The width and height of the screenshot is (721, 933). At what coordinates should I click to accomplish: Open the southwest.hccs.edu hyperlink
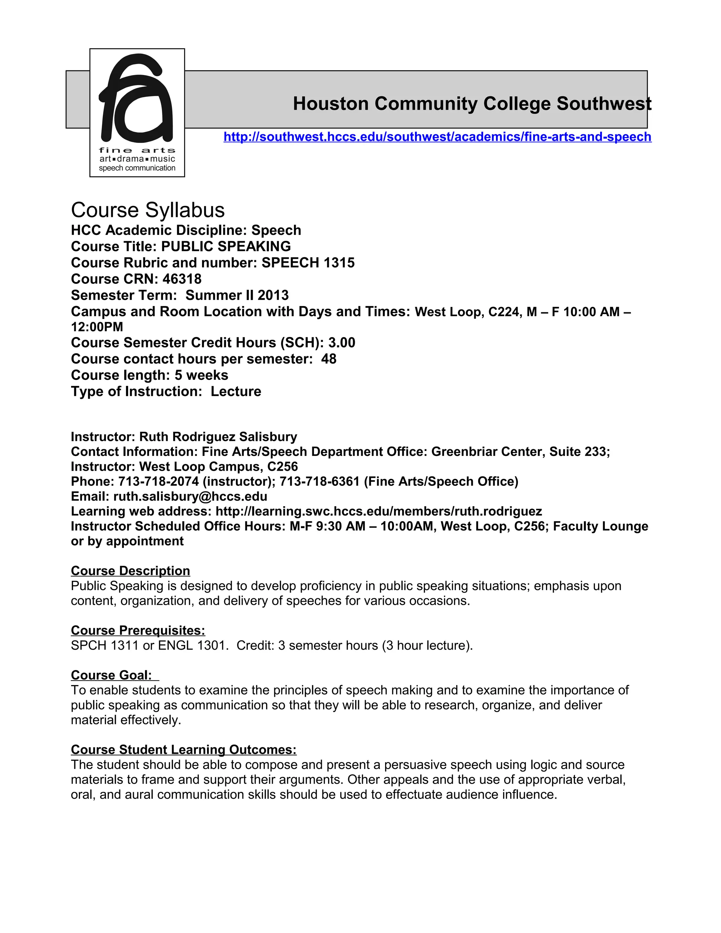437,137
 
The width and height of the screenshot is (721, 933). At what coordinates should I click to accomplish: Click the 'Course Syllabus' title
148,210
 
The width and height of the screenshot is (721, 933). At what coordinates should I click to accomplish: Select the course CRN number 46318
182,279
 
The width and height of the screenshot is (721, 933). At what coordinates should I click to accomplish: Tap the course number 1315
339,263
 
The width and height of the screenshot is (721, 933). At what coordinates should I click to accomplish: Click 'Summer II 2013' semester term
237,295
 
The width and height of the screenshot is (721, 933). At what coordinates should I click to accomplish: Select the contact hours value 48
328,359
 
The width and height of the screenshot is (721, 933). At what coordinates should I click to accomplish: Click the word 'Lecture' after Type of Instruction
236,391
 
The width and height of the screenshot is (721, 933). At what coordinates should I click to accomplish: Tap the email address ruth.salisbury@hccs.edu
190,496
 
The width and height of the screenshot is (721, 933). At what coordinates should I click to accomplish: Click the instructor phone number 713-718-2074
158,481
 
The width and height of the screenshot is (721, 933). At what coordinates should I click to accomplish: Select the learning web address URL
378,511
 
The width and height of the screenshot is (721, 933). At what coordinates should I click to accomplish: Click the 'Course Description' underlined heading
130,571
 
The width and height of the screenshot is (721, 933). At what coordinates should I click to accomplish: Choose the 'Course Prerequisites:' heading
138,631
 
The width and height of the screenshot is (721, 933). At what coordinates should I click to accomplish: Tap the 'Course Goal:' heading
112,675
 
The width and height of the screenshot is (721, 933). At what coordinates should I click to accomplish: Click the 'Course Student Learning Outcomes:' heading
184,750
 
